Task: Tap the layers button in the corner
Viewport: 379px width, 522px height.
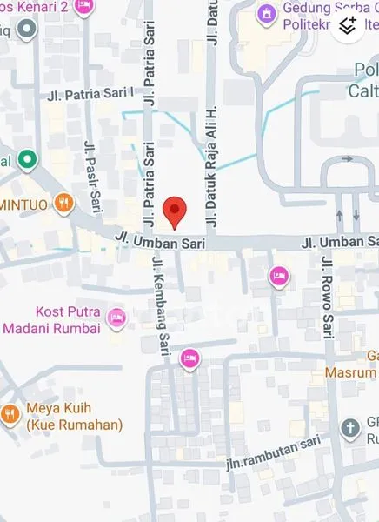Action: point(348,25)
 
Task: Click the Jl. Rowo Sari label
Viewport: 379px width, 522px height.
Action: point(329,296)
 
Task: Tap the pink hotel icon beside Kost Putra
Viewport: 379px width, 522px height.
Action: point(117,318)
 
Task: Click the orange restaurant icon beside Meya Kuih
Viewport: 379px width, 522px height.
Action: point(10,414)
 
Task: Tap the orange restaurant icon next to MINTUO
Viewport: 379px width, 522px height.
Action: point(63,204)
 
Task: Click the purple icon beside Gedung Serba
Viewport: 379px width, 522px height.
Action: point(265,14)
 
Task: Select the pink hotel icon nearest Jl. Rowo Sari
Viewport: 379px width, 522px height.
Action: point(279,276)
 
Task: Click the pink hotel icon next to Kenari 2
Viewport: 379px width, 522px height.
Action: point(83,5)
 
